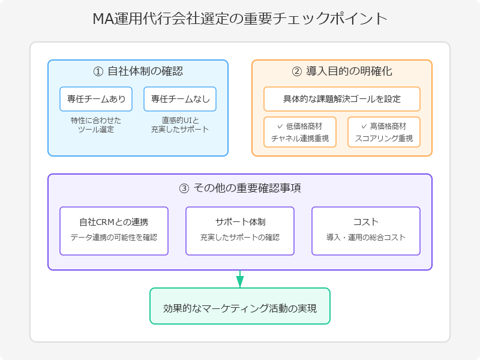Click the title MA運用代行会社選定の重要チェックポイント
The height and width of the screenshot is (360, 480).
[240, 19]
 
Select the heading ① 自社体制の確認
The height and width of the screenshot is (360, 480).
[138, 71]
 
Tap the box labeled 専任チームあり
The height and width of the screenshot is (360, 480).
[96, 99]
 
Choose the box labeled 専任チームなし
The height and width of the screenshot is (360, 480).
[180, 99]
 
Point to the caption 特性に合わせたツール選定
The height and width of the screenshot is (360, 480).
[96, 125]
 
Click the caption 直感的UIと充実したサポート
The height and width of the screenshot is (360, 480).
[180, 125]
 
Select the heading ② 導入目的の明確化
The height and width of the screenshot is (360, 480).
[342, 71]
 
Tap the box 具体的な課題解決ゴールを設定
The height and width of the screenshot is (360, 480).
[342, 99]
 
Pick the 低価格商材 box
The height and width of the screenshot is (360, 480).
[300, 132]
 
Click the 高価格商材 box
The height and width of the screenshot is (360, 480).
[384, 132]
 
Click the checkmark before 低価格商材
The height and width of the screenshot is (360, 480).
[280, 126]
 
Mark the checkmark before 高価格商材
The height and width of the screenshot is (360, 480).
[364, 126]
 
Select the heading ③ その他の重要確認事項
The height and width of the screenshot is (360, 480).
[240, 188]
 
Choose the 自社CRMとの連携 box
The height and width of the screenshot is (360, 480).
[114, 231]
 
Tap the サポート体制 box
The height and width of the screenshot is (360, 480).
[240, 231]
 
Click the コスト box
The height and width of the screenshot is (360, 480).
[366, 231]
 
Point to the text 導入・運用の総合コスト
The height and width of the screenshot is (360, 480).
[366, 237]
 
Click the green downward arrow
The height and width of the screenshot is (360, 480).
[240, 279]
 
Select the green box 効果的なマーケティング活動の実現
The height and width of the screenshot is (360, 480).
[240, 306]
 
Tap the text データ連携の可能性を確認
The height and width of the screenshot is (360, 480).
[114, 237]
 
